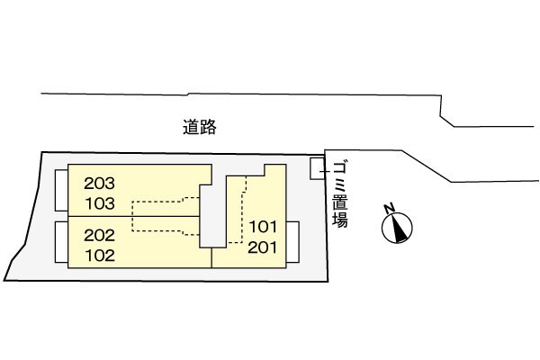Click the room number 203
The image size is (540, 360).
pyautogui.click(x=100, y=180)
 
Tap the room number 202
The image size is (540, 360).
pyautogui.click(x=100, y=236)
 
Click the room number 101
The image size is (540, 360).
pyautogui.click(x=262, y=227)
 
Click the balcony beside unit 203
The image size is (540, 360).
pyautogui.click(x=60, y=189)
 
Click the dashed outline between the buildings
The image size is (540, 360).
pyautogui.click(x=162, y=216)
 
